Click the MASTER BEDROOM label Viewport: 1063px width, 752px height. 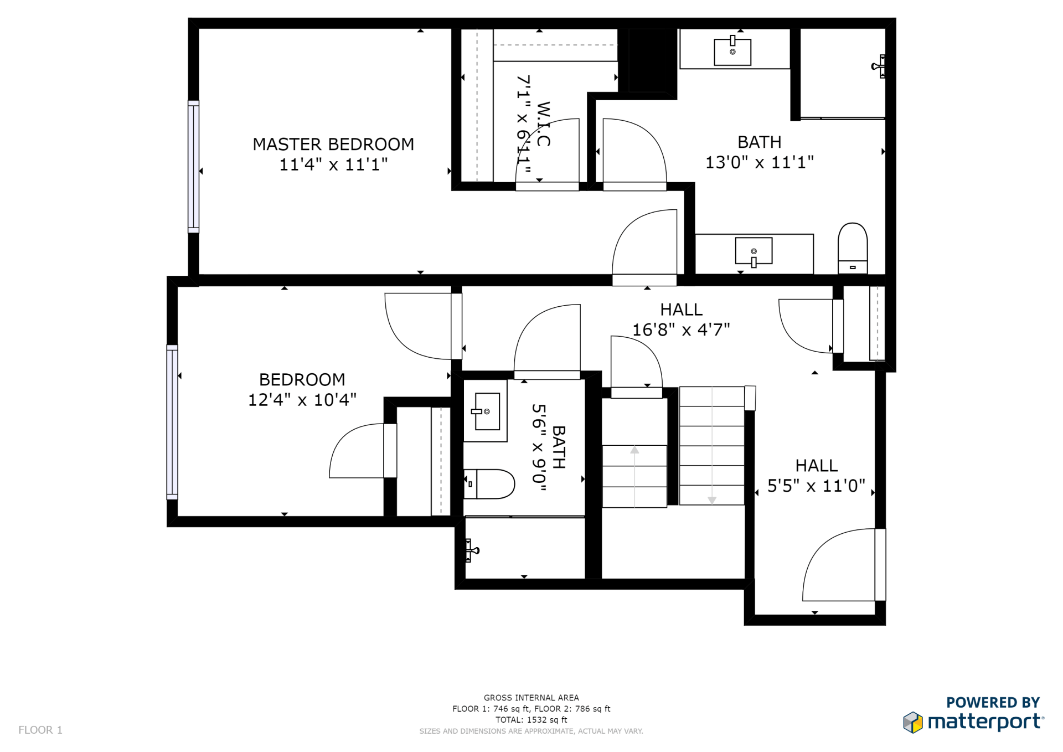click(333, 145)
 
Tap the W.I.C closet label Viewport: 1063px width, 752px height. click(543, 123)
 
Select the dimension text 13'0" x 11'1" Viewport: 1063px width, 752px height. click(760, 163)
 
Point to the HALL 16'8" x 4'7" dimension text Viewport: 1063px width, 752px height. click(681, 330)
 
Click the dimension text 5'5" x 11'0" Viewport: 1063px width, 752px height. click(816, 486)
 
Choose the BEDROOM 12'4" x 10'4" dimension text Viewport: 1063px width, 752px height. click(302, 400)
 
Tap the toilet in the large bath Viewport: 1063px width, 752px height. click(853, 248)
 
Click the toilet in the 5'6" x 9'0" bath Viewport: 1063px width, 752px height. click(489, 484)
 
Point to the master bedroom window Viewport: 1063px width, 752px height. click(193, 167)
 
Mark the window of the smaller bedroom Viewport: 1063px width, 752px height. click(172, 422)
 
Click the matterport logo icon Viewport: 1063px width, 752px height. click(913, 723)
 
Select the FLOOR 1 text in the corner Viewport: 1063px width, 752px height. click(40, 730)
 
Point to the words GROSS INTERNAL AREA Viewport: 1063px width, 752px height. click(531, 698)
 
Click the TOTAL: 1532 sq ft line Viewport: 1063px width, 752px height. click(531, 720)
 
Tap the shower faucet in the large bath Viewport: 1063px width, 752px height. click(878, 66)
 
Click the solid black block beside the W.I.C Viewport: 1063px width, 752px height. click(652, 60)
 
